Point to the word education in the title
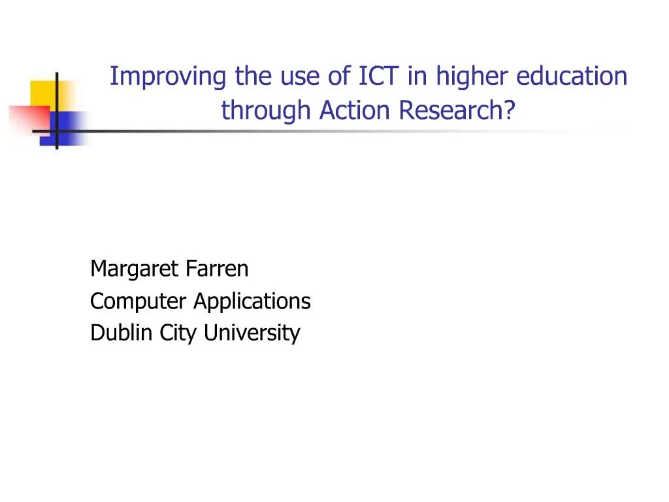[572, 76]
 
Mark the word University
[252, 333]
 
